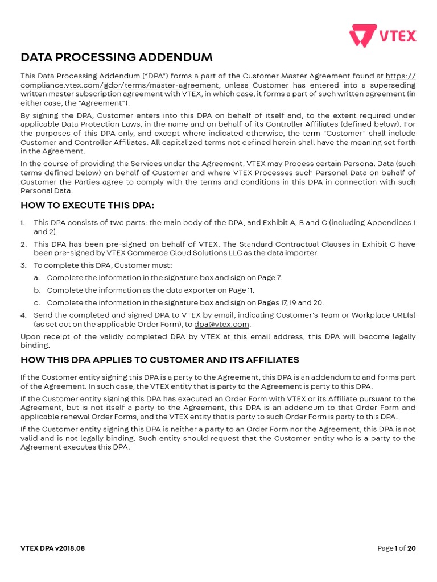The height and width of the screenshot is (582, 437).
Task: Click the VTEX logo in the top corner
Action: point(382,36)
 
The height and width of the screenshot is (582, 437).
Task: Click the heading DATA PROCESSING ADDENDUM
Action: point(117,57)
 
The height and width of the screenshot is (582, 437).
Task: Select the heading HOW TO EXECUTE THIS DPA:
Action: point(88,205)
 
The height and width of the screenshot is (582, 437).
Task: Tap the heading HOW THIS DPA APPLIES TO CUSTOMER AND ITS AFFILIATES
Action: point(160,360)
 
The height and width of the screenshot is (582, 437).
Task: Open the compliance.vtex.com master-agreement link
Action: point(120,85)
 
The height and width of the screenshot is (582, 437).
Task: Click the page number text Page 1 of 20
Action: point(397,548)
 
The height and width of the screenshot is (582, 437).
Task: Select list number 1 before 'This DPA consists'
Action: point(23,223)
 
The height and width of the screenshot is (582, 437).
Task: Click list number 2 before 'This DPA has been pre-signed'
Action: point(23,244)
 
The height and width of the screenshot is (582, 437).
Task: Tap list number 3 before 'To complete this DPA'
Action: point(23,265)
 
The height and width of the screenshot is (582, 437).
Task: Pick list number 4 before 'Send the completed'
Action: point(23,315)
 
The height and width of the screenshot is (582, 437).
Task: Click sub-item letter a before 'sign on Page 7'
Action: point(37,278)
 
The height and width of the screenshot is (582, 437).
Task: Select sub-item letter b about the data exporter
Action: point(37,290)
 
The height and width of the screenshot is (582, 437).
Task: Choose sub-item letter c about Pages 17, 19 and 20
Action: point(37,303)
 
